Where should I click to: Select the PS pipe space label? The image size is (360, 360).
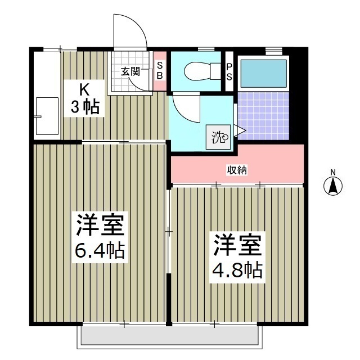pyautogui.click(x=229, y=71)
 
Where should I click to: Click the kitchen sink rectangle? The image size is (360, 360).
pyautogui.click(x=47, y=116)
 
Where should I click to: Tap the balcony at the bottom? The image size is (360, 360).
pyautogui.click(x=169, y=336)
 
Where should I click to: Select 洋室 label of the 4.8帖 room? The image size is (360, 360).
pyautogui.click(x=237, y=246)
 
